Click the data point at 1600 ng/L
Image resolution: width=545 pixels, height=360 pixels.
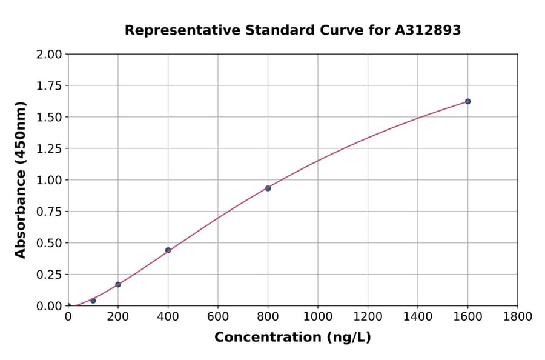(467, 101)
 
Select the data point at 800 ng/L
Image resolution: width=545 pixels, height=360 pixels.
(268, 188)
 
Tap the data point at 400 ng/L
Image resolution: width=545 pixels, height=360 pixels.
(168, 250)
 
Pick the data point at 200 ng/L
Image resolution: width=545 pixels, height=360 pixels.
(118, 284)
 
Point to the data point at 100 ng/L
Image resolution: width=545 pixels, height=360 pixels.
(93, 301)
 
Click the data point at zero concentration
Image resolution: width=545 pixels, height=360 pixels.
(68, 306)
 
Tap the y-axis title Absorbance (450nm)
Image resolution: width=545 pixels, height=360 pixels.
(21, 180)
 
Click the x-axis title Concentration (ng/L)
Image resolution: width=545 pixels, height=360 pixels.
(292, 338)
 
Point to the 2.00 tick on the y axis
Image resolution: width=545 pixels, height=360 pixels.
(48, 55)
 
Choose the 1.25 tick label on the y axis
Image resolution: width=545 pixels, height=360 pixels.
(48, 148)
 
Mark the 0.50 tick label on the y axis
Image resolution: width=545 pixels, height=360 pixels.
(48, 243)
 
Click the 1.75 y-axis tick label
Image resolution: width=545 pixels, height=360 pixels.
(48, 86)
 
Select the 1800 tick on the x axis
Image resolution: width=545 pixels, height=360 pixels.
(517, 317)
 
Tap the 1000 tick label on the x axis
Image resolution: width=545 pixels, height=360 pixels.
(317, 317)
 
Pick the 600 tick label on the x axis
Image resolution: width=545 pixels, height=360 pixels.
(218, 317)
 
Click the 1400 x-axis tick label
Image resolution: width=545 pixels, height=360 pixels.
(417, 317)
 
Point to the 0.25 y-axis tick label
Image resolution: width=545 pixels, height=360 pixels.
(48, 275)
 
